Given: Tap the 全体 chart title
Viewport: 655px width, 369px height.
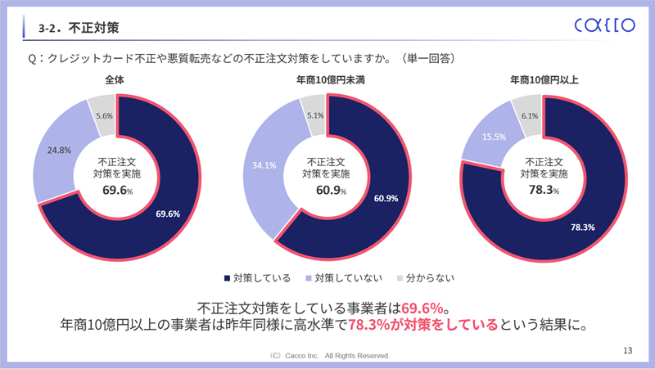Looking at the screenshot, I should [x=115, y=81].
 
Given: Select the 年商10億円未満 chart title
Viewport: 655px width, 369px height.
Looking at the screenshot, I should [x=327, y=81].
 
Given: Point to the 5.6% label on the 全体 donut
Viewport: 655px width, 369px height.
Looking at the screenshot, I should [x=104, y=117].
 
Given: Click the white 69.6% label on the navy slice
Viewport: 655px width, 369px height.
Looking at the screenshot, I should [x=167, y=214].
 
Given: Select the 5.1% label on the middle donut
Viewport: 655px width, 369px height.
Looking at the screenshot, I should [x=315, y=116].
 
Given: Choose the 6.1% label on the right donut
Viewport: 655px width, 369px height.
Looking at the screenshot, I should [x=529, y=116].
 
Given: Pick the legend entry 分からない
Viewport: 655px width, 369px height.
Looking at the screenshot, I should [x=418, y=278].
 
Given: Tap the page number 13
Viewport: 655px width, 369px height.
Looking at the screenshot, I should [x=628, y=351].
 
